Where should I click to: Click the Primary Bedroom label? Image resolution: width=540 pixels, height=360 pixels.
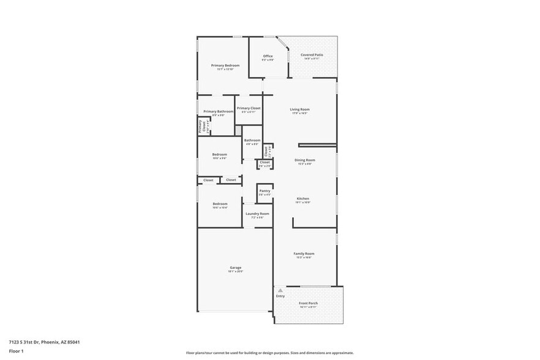click(x=225, y=65)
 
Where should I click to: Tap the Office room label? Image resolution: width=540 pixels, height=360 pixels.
click(x=268, y=56)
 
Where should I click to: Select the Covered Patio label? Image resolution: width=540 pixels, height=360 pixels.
click(x=312, y=55)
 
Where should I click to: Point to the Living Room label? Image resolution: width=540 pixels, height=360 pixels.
click(x=299, y=110)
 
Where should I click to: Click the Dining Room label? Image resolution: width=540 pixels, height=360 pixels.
click(x=305, y=160)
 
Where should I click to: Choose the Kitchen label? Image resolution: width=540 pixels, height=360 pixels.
click(x=303, y=198)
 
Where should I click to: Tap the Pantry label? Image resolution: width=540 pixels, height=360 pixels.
click(x=264, y=190)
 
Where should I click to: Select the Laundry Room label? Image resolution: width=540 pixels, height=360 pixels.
click(x=257, y=214)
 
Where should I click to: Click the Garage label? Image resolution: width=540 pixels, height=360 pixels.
click(x=235, y=267)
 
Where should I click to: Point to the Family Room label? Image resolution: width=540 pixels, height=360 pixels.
click(x=305, y=253)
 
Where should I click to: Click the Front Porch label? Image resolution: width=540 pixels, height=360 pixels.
click(x=307, y=303)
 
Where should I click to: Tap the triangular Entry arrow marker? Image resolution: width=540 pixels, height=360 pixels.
click(x=280, y=290)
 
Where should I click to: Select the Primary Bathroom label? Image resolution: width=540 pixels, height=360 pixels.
click(x=218, y=111)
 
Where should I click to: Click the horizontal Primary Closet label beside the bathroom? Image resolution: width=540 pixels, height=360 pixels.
click(x=249, y=108)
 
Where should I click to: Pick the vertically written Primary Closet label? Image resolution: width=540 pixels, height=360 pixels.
click(x=200, y=126)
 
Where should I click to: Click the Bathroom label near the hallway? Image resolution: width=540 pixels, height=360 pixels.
click(x=252, y=140)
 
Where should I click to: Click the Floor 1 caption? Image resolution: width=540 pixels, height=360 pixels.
click(x=16, y=351)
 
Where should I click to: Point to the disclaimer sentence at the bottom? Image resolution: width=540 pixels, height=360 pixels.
click(x=269, y=353)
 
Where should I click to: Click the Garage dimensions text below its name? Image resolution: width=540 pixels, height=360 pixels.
click(x=235, y=271)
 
